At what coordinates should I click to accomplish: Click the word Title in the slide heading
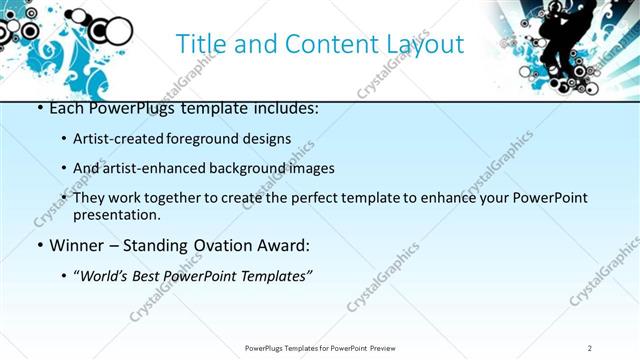click(x=198, y=44)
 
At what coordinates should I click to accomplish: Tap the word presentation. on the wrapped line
click(x=116, y=214)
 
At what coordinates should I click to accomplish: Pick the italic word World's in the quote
click(x=103, y=276)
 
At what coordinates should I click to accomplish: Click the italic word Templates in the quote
click(x=274, y=276)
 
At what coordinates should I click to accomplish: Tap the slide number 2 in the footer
click(x=590, y=348)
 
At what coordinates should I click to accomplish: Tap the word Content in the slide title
click(x=320, y=44)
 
